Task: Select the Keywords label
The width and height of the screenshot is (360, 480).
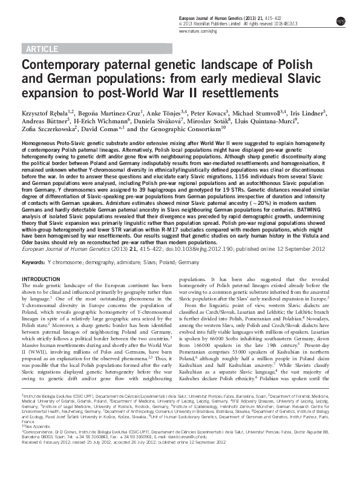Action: tap(33, 263)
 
